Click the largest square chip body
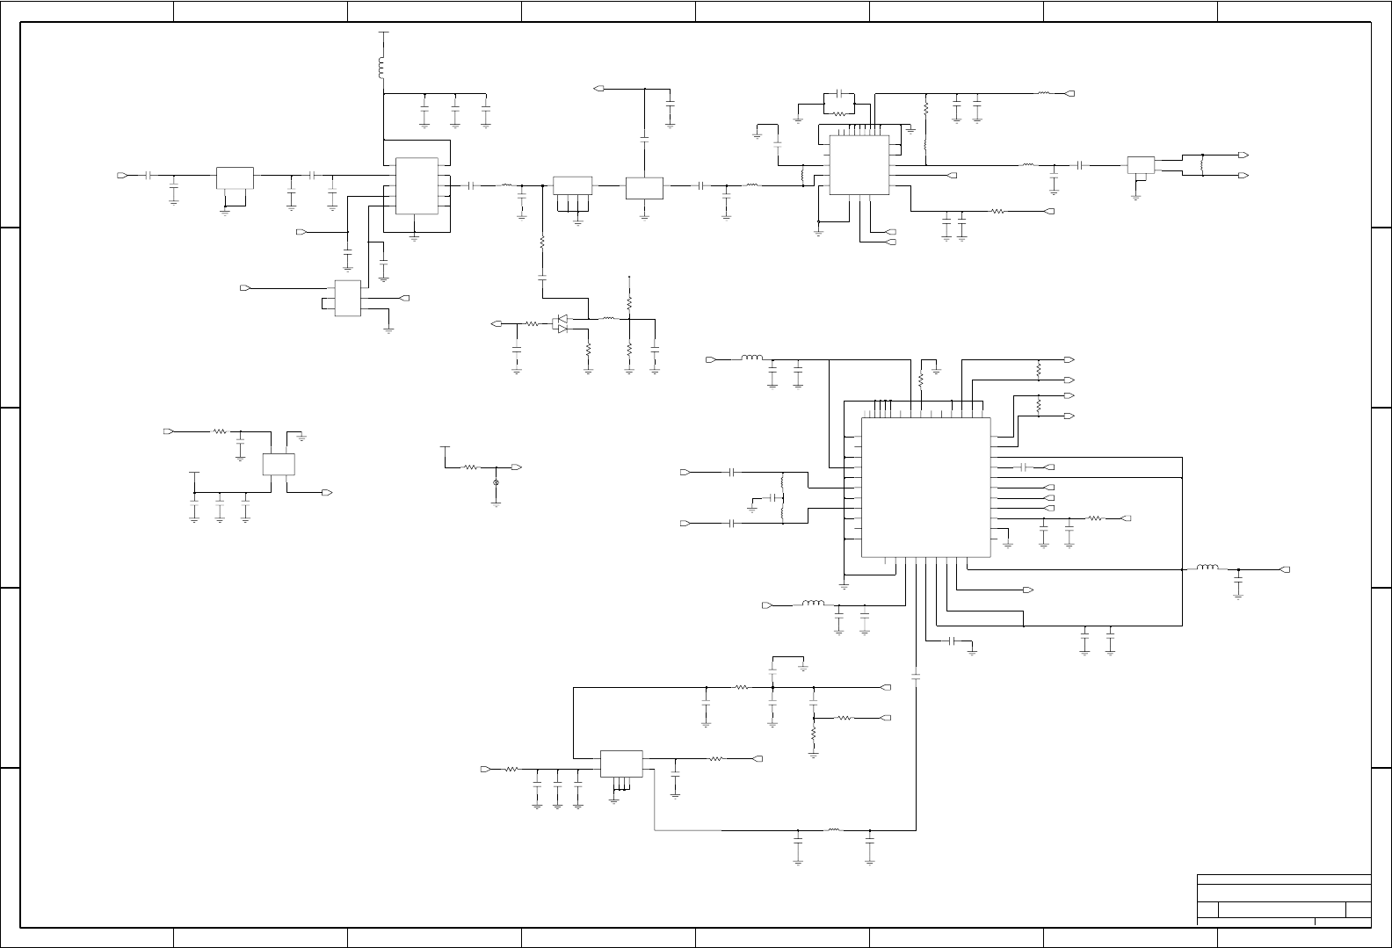[925, 487]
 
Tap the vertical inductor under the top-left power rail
[381, 68]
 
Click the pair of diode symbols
[560, 324]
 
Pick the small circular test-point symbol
[496, 483]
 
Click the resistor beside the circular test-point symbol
[471, 467]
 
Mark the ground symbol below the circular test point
[496, 503]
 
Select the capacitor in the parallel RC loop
[840, 93]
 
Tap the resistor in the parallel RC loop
[840, 112]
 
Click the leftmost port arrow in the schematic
[122, 176]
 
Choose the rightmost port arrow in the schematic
[1286, 569]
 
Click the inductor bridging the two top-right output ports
[1201, 165]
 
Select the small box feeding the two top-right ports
[1140, 165]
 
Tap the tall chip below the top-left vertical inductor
[417, 185]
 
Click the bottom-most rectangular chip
[621, 763]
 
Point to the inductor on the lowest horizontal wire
[833, 829]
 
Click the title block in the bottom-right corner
[1283, 899]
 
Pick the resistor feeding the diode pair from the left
[532, 324]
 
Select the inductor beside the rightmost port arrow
[1207, 568]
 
